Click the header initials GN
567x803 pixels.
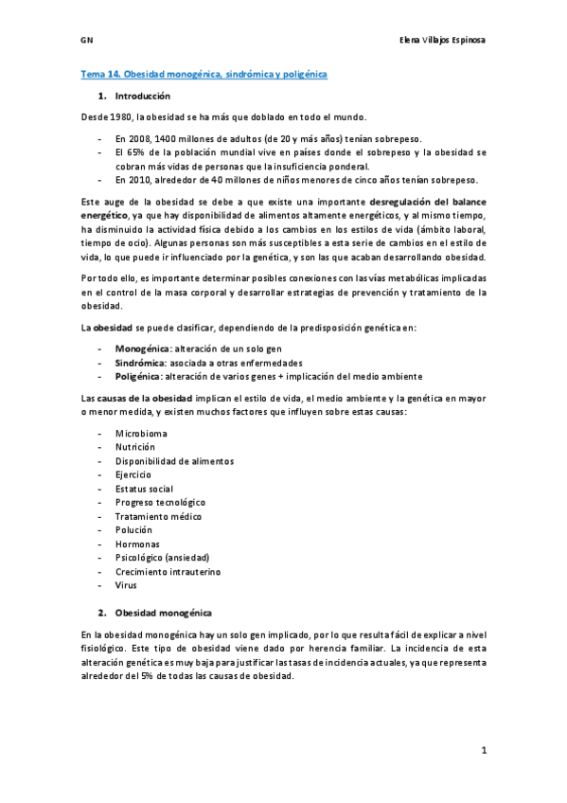point(86,41)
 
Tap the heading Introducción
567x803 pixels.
point(142,97)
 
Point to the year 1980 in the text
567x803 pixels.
point(120,117)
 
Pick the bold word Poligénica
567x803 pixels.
point(138,376)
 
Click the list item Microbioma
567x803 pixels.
point(139,433)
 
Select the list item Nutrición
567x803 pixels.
point(135,447)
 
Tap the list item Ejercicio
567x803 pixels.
point(134,474)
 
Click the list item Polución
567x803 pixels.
point(133,530)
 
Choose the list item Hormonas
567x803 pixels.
point(137,544)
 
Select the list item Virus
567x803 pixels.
point(126,585)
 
